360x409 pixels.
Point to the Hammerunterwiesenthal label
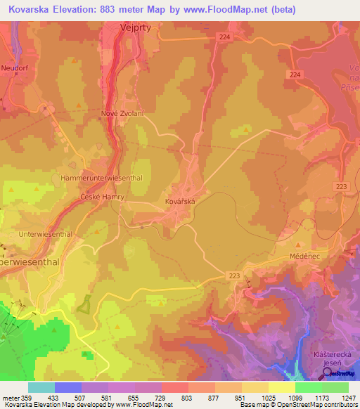point(102,178)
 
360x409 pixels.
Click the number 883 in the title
point(102,10)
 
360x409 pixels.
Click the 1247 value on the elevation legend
point(348,398)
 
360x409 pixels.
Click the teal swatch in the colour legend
point(41,387)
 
